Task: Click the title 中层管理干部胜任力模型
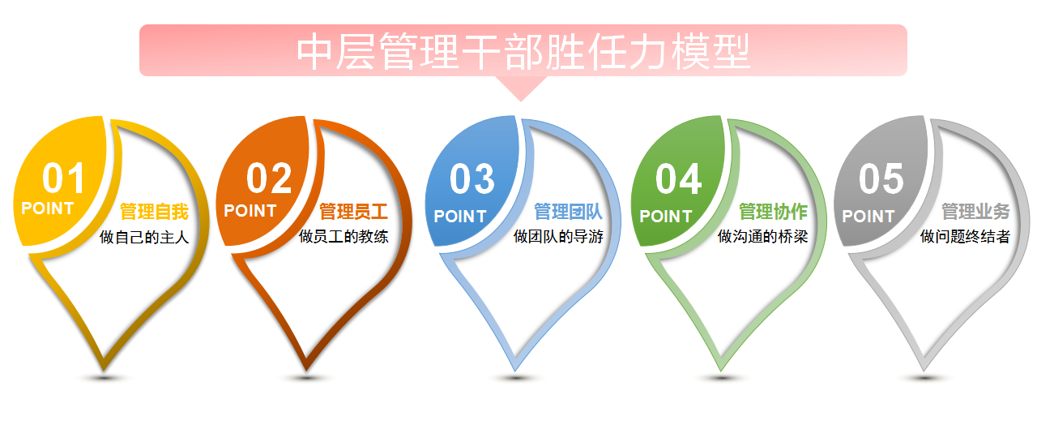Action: (x=523, y=51)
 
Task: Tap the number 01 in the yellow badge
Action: (x=63, y=178)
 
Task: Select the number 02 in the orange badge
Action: (x=269, y=178)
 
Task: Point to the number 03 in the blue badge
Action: (x=472, y=179)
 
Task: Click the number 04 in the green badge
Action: (x=678, y=179)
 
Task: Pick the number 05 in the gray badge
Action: (x=881, y=179)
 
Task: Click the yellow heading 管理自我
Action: (x=154, y=212)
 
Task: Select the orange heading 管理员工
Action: (x=353, y=212)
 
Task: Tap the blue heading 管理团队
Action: (x=568, y=212)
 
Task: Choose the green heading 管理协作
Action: (x=773, y=212)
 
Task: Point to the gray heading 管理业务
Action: (x=975, y=212)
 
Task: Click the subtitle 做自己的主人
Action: (x=144, y=238)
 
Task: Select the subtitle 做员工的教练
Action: (x=344, y=237)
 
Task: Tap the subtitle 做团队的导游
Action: (x=558, y=237)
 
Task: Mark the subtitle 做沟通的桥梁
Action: (x=762, y=237)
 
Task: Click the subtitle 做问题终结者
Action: (x=965, y=237)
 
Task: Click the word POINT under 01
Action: (x=48, y=208)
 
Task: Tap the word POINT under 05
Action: (x=868, y=216)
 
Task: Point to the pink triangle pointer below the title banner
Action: (x=521, y=88)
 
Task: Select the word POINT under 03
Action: (x=459, y=216)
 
